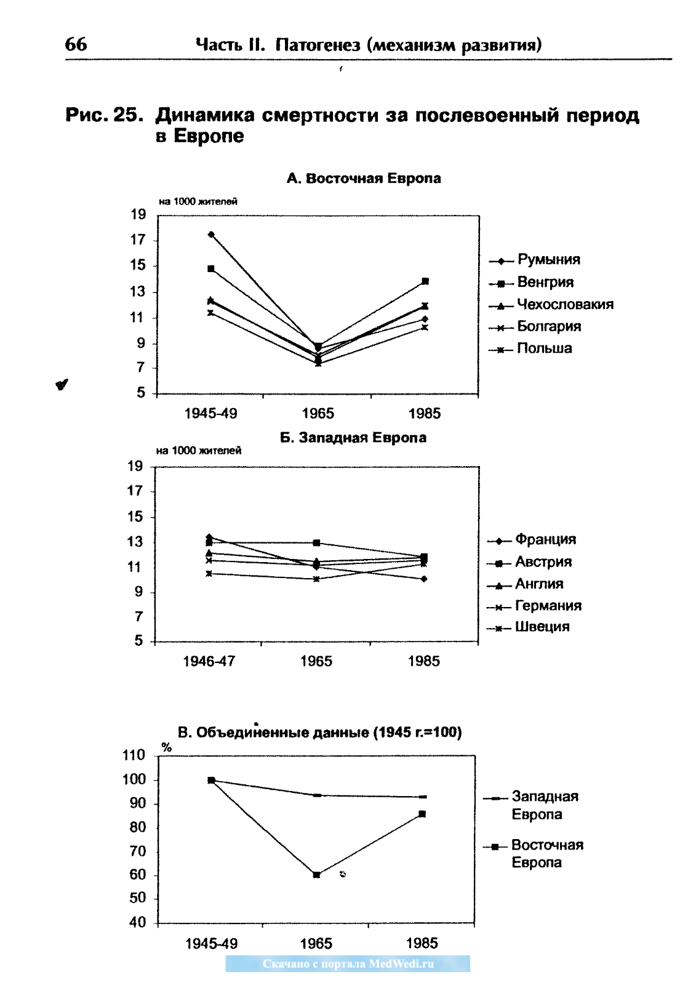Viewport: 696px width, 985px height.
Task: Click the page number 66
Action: [x=76, y=44]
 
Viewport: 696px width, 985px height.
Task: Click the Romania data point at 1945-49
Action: [x=211, y=235]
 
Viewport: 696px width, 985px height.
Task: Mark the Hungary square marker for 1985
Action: [x=425, y=281]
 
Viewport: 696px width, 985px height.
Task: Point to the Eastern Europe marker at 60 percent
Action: [x=316, y=875]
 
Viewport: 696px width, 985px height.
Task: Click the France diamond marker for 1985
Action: [x=424, y=579]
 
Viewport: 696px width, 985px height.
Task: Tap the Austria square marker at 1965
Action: [x=316, y=542]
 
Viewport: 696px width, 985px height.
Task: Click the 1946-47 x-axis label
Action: [x=209, y=661]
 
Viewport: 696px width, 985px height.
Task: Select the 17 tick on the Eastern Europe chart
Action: [x=138, y=240]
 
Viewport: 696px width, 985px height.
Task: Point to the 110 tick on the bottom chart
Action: [x=134, y=755]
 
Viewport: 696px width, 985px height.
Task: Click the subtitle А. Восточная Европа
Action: [x=364, y=179]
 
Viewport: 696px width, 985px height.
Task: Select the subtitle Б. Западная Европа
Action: [x=353, y=438]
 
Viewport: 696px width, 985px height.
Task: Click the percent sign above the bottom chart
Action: [x=167, y=747]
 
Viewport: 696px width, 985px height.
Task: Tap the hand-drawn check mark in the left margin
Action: [x=62, y=384]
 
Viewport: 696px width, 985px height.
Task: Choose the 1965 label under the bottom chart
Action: [x=316, y=943]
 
